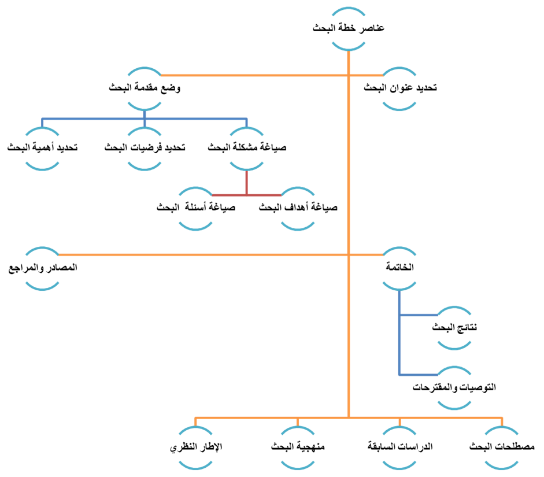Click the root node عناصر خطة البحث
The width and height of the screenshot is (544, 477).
click(x=349, y=28)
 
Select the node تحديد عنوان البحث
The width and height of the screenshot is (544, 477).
click(x=399, y=88)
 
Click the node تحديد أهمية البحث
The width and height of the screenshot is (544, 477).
click(x=43, y=148)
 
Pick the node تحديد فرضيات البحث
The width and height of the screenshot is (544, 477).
click(x=145, y=148)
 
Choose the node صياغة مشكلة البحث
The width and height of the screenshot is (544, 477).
click(x=247, y=148)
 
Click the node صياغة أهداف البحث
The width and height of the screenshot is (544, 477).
click(x=298, y=208)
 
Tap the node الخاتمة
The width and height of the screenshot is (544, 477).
click(x=399, y=268)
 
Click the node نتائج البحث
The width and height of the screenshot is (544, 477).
click(x=454, y=327)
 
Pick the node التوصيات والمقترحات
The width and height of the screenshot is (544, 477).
click(x=454, y=386)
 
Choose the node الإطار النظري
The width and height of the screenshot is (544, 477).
click(x=196, y=448)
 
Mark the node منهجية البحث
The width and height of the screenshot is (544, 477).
click(x=298, y=448)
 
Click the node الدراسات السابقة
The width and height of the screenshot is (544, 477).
click(x=399, y=448)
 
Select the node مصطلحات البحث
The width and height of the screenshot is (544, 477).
click(x=501, y=448)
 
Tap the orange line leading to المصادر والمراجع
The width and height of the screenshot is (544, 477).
click(x=202, y=254)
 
